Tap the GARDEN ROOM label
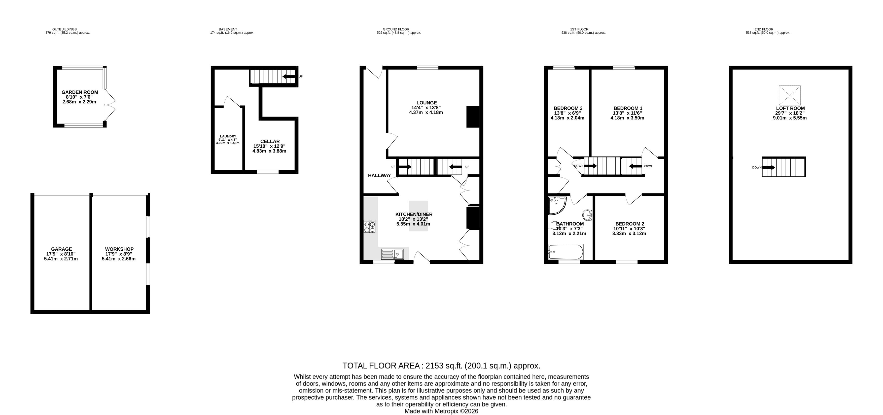click(x=80, y=92)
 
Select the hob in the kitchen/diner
click(x=370, y=227)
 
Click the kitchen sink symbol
click(x=393, y=254)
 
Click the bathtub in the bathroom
click(x=566, y=252)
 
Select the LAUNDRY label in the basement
click(x=228, y=136)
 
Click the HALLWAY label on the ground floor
click(x=379, y=175)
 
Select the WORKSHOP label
click(x=119, y=249)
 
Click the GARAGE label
click(x=62, y=249)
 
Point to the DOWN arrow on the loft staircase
click(x=768, y=168)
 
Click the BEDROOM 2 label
click(x=630, y=224)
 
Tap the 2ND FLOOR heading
click(x=764, y=29)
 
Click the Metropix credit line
click(x=442, y=411)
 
